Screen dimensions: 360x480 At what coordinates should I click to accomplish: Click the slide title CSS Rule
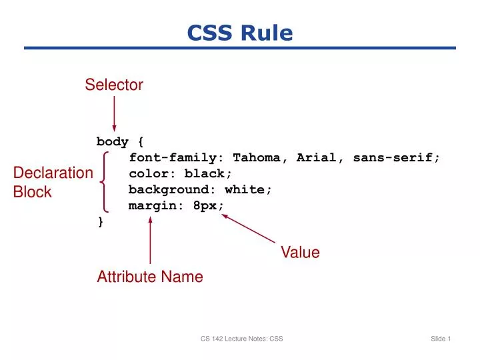point(240,33)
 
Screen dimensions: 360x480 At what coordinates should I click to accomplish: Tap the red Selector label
point(114,85)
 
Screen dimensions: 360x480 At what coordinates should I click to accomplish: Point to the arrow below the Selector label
point(115,113)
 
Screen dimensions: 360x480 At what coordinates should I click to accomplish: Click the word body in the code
point(112,141)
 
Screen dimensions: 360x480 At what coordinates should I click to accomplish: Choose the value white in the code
point(247,189)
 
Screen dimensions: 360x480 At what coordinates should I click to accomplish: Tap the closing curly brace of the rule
point(101,222)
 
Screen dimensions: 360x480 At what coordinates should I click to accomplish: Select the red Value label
point(300,253)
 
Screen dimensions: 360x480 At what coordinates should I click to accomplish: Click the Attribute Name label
point(150,277)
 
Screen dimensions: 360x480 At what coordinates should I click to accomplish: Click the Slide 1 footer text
point(441,339)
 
